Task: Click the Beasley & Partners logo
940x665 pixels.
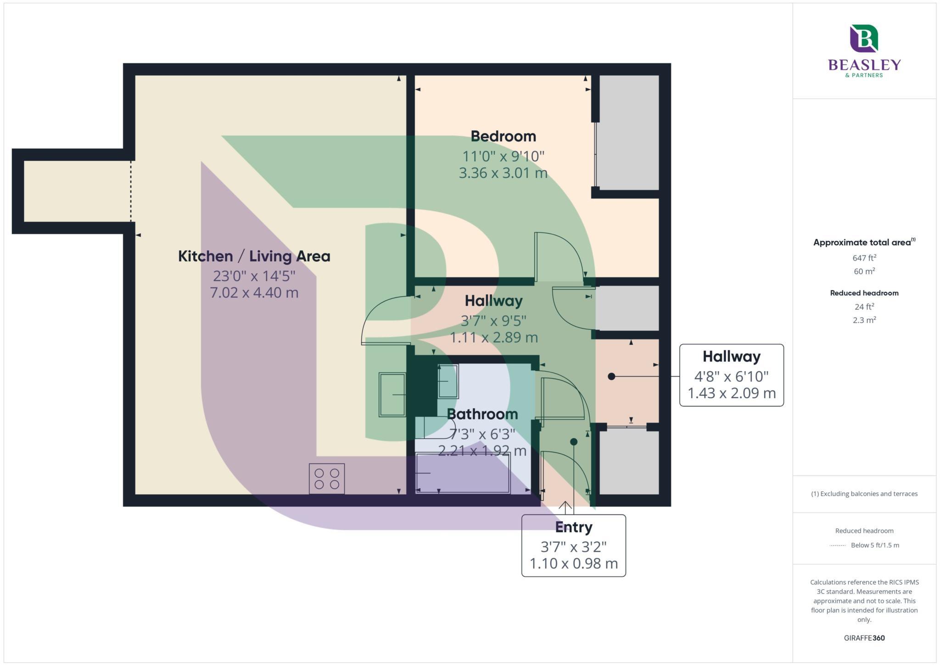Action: click(864, 51)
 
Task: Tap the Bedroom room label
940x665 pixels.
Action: click(503, 136)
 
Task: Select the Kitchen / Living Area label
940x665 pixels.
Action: click(254, 256)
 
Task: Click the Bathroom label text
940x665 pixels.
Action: click(482, 414)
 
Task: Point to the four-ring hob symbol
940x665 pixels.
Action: click(327, 479)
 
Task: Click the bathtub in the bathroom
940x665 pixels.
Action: click(463, 473)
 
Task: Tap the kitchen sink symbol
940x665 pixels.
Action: click(392, 394)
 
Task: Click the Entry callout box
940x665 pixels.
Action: click(573, 545)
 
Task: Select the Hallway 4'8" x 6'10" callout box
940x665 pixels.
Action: click(731, 375)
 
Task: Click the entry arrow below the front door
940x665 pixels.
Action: click(565, 507)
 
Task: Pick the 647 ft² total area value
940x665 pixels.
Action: click(864, 258)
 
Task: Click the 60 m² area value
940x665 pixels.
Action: click(864, 271)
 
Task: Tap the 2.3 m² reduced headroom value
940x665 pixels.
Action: click(864, 320)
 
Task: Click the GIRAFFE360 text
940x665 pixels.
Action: click(864, 638)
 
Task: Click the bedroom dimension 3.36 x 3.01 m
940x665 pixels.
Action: click(503, 173)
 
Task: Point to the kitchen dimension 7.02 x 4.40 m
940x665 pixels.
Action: click(254, 293)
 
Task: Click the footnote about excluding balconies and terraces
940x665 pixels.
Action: click(864, 494)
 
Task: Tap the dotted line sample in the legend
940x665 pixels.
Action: click(838, 546)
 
